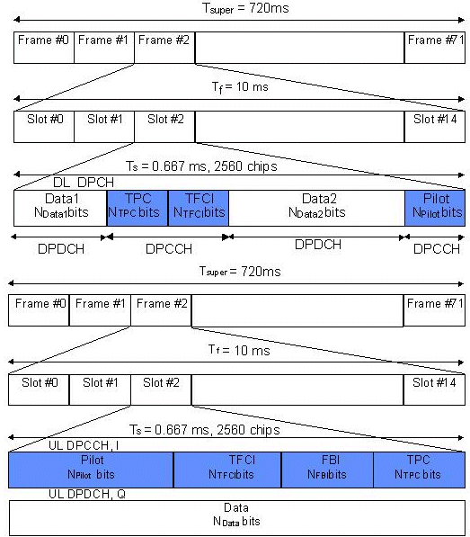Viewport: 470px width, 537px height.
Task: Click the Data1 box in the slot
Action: point(60,206)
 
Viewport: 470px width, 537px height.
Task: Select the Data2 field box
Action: point(316,206)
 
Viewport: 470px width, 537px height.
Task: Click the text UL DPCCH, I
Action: point(83,445)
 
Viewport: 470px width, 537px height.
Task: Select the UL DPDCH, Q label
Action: point(86,494)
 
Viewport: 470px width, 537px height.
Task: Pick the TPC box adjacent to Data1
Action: point(137,206)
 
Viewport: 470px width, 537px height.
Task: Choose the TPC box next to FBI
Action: point(418,469)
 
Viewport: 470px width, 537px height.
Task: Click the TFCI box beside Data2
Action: point(199,206)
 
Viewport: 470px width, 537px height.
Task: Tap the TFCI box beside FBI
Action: point(227,469)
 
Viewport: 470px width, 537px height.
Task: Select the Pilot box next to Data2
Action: point(435,206)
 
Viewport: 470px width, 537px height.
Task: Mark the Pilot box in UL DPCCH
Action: point(91,469)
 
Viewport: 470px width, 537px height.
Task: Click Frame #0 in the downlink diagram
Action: point(43,40)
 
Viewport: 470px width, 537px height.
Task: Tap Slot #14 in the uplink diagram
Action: point(433,383)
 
